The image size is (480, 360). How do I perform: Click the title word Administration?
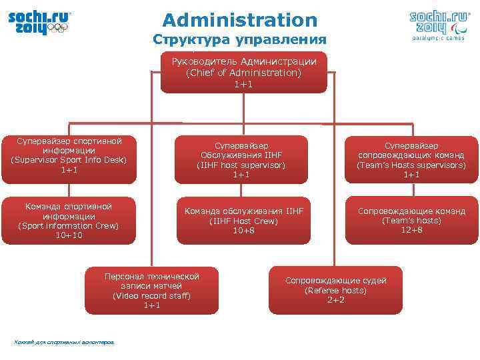tap(240, 20)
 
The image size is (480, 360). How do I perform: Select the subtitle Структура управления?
tap(240, 39)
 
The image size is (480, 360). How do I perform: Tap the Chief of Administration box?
tap(243, 72)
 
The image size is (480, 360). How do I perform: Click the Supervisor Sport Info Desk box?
tap(69, 157)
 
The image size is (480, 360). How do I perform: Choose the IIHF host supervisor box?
tap(241, 159)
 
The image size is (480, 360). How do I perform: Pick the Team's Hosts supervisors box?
tap(411, 159)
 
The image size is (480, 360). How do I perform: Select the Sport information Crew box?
tap(69, 221)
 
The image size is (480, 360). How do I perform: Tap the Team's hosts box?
tap(411, 221)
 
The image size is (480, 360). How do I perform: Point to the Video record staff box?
tap(152, 291)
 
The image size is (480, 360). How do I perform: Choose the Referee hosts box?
tap(335, 291)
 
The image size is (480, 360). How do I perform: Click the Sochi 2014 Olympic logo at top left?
tap(39, 23)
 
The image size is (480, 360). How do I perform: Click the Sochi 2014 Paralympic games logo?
tap(438, 24)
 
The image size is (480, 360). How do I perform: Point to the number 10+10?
tap(69, 235)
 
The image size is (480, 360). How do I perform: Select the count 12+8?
tap(411, 230)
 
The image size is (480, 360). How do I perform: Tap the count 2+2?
tap(335, 300)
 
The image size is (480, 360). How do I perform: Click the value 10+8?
tap(243, 230)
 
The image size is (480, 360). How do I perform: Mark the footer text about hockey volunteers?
tap(63, 343)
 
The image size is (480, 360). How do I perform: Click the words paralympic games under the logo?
tap(437, 38)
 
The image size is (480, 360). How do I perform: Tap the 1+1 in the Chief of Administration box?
tap(243, 84)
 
